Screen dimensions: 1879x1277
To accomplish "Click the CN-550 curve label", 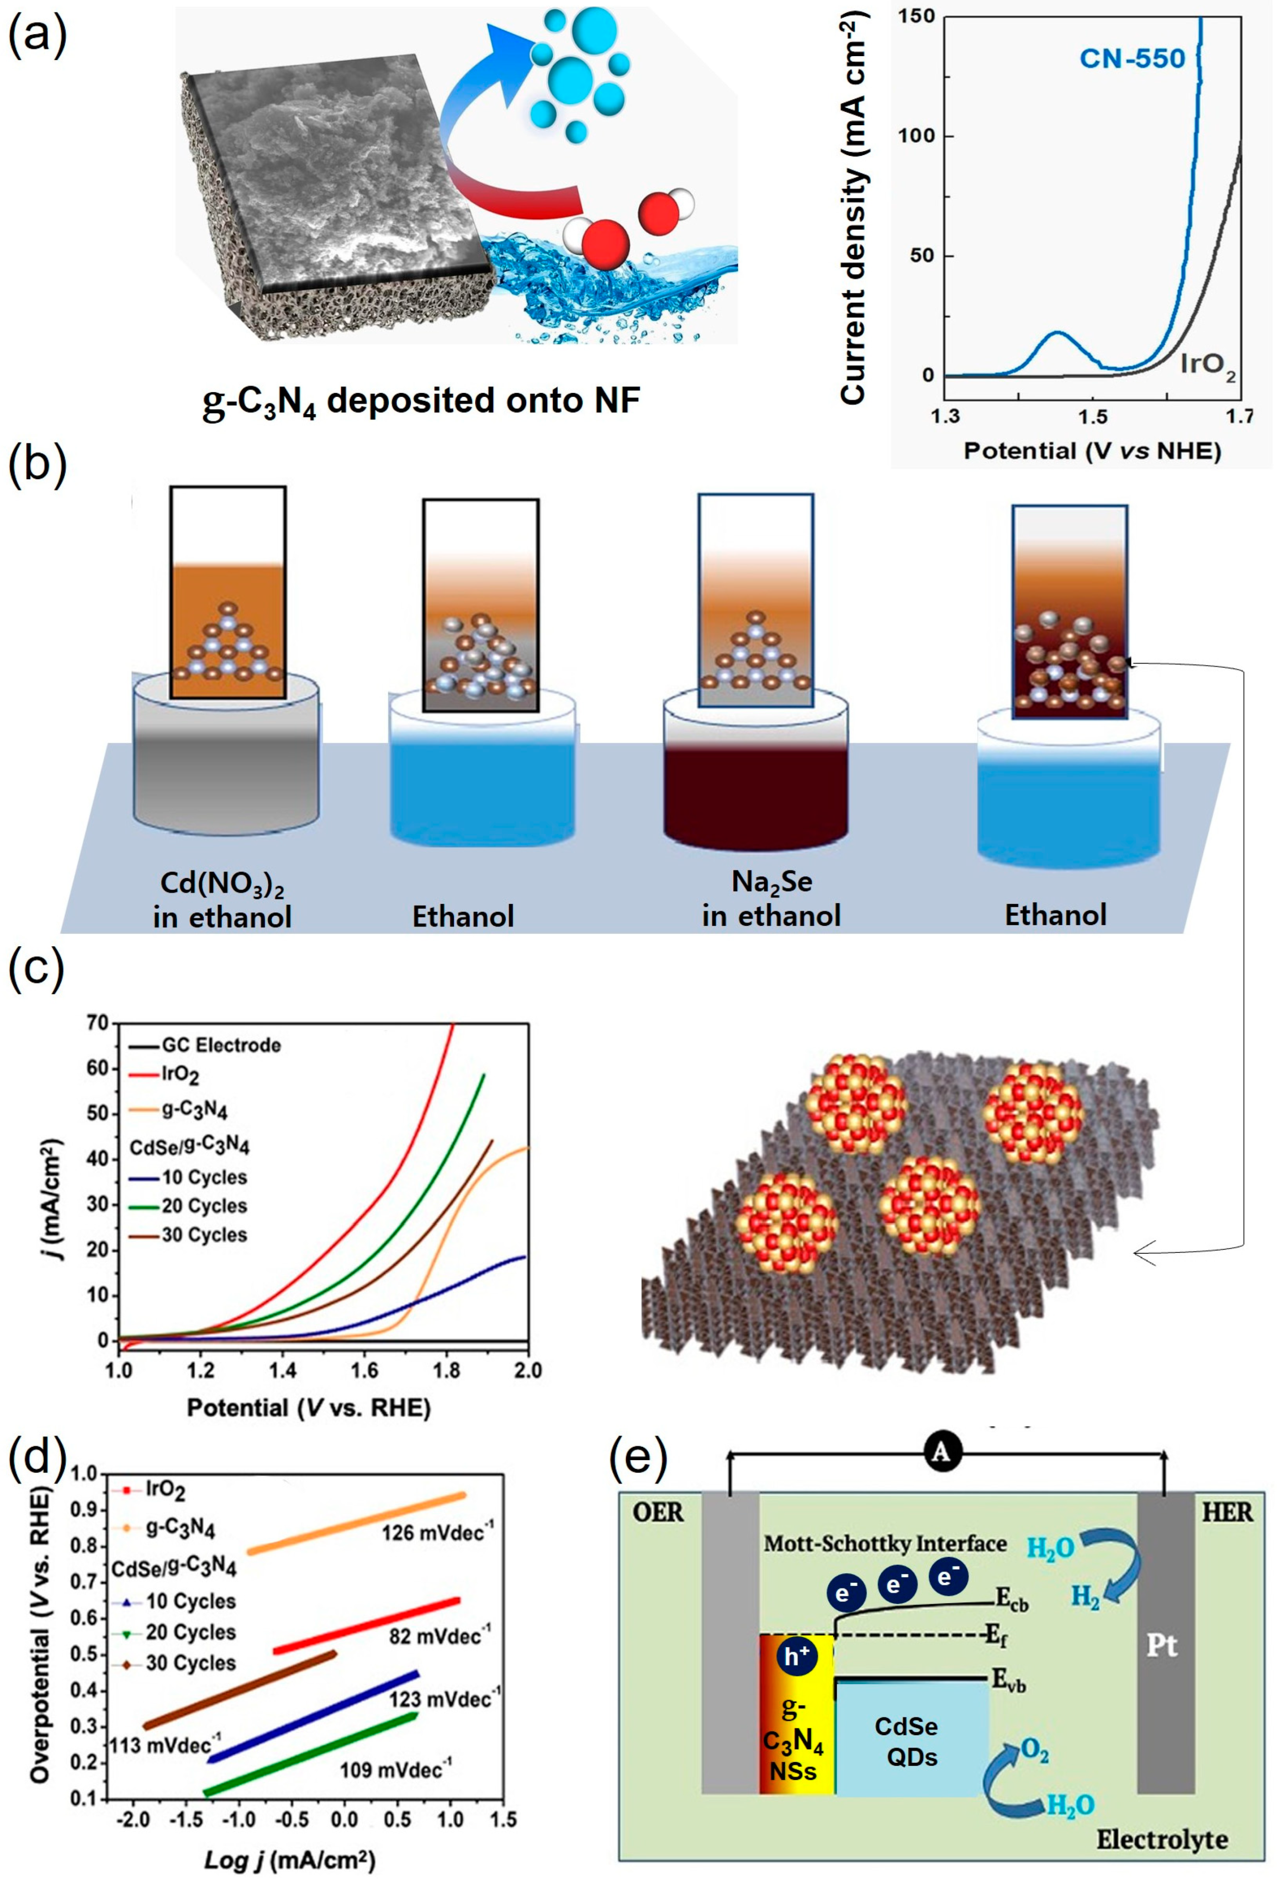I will click(1132, 58).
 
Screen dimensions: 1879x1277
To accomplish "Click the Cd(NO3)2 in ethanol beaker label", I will click(222, 899).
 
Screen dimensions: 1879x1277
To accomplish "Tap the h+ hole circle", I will click(797, 1657).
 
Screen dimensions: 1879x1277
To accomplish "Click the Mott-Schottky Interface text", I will click(885, 1544).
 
